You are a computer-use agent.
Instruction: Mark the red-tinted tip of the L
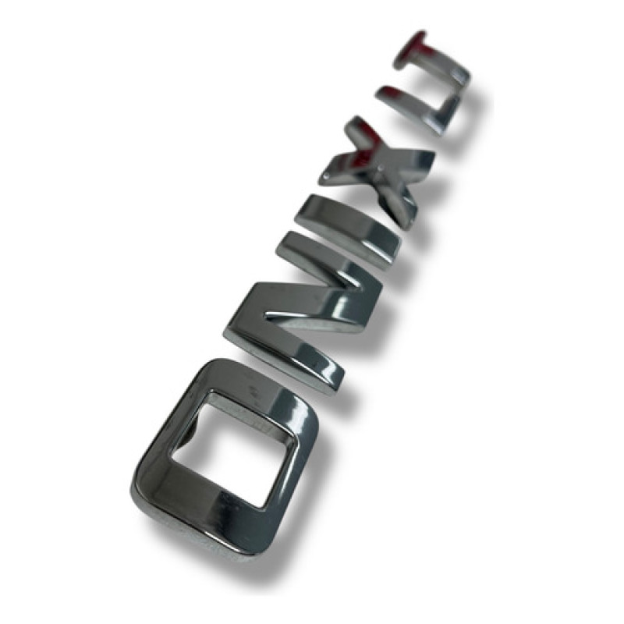(388, 94)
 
